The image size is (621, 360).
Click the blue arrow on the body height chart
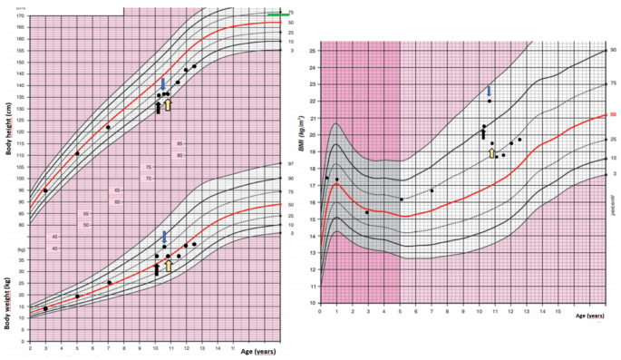point(163,83)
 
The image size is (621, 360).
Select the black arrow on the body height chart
point(158,108)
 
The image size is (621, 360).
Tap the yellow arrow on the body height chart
point(168,105)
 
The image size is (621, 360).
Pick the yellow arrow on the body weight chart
point(168,266)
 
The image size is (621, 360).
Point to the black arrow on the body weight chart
point(156,268)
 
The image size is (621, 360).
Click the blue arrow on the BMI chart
point(489,90)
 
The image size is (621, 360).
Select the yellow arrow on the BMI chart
point(491,153)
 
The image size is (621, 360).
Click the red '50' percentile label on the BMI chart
point(613,115)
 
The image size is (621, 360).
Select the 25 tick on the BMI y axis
point(313,51)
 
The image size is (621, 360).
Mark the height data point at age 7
point(108,127)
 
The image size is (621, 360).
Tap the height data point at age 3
point(45,190)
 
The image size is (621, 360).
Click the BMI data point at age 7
point(432,190)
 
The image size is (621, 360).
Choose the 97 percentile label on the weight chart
point(290,164)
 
